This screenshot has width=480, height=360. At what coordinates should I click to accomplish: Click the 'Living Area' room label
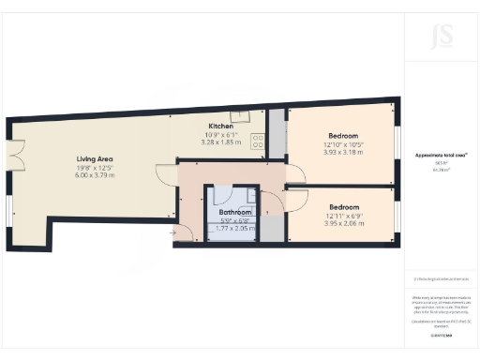tap(95, 158)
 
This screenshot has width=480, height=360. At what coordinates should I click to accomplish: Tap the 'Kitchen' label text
tap(221, 126)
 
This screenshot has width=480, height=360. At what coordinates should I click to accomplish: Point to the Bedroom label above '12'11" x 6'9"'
tap(343, 206)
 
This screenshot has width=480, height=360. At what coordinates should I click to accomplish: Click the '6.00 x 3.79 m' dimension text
tap(95, 175)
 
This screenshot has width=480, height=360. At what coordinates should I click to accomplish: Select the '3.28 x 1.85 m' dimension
tap(221, 142)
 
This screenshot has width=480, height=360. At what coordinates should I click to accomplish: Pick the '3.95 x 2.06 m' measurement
tap(343, 223)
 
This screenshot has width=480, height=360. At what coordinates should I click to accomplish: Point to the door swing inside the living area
tap(165, 174)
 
